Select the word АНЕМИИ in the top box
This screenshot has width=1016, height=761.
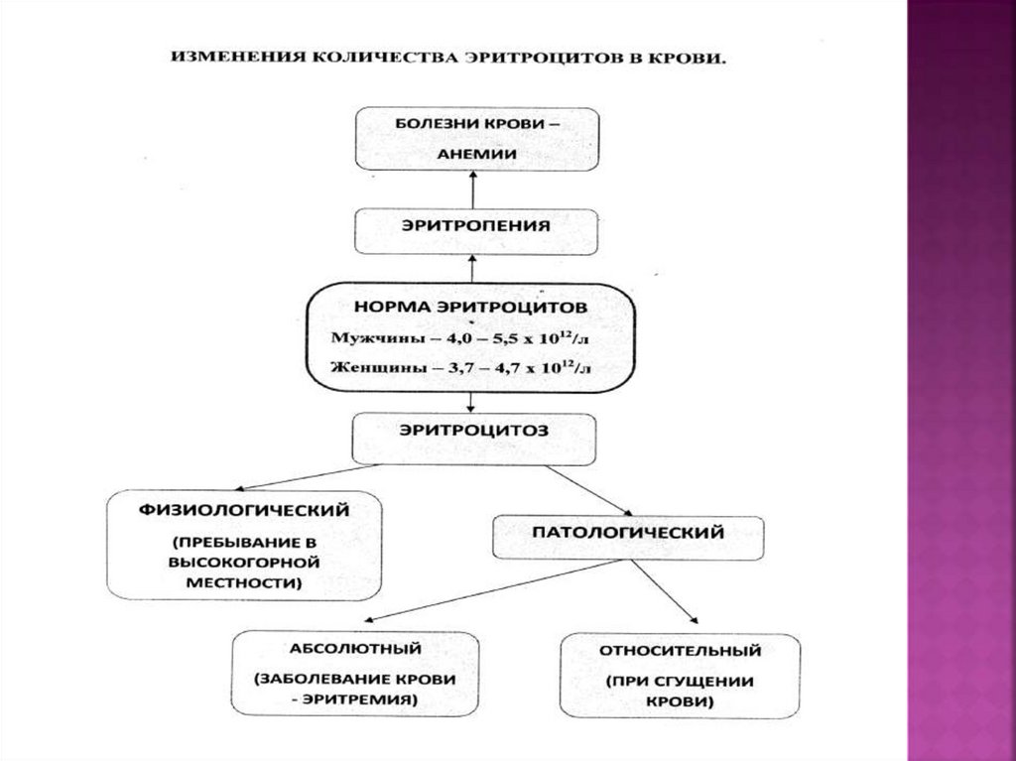coord(475,155)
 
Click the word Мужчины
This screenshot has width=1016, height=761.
coord(366,338)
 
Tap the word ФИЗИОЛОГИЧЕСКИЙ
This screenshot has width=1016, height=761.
coord(244,510)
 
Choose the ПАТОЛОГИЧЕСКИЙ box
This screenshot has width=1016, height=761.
coord(629,533)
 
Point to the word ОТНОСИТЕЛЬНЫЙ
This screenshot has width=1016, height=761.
coord(681,652)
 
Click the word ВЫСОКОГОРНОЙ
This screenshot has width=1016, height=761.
coord(244,564)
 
